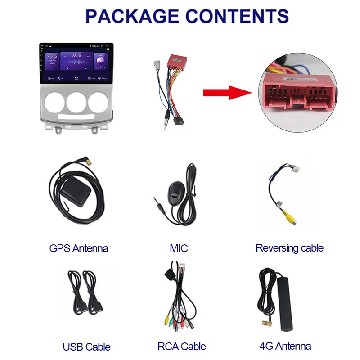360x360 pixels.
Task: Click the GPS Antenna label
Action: pos(79,248)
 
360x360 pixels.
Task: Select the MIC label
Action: pos(179,248)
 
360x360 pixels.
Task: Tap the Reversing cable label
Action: pos(289,247)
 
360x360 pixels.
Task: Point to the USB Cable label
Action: pos(86,346)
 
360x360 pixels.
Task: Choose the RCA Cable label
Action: pos(181,346)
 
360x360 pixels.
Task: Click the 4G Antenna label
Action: pos(285,346)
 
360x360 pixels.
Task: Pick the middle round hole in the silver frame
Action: pos(76,102)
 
